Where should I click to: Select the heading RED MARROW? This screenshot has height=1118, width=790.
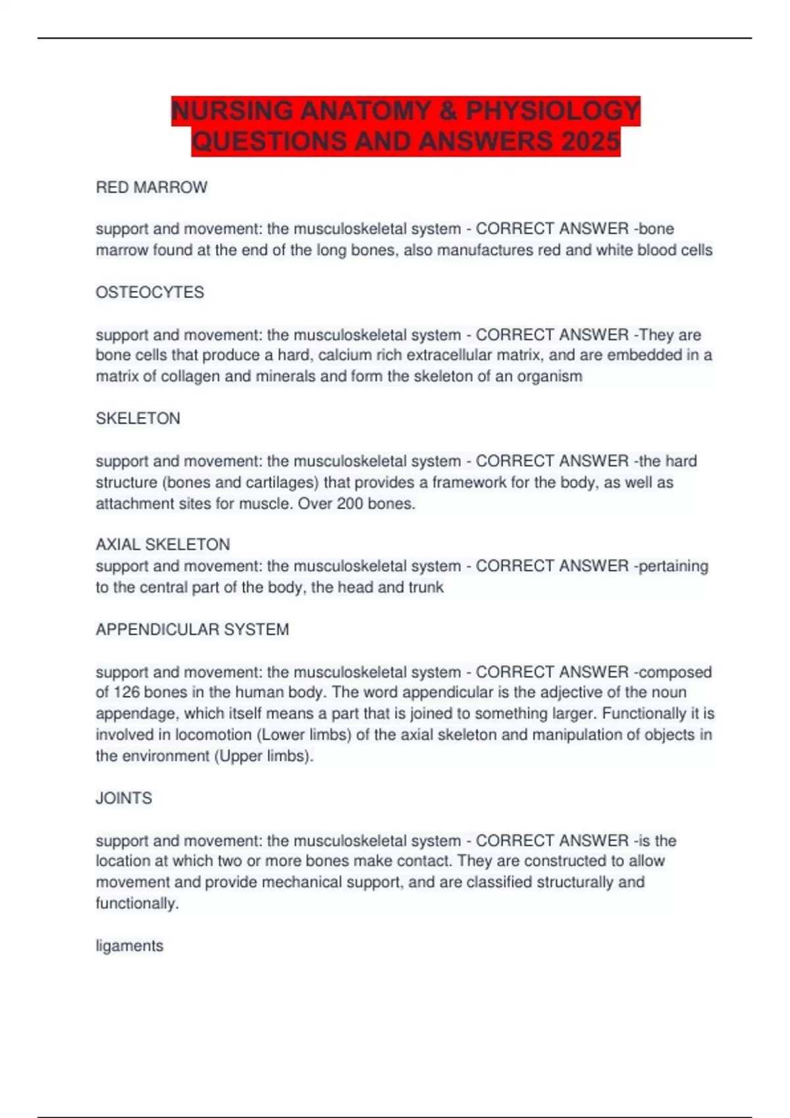pos(151,187)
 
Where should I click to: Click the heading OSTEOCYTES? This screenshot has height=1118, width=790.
pos(150,292)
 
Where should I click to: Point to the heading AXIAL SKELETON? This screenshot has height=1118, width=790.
pos(163,545)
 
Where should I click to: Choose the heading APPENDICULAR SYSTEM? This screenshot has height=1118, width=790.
pos(192,629)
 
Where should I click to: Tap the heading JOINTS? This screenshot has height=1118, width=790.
pos(124,798)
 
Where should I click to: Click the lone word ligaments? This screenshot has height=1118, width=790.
pos(130,946)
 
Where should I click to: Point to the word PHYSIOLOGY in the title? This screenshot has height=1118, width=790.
pos(553,111)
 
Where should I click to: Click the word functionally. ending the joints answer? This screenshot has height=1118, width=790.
pos(137,903)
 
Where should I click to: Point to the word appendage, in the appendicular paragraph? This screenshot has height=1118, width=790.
pos(137,714)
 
